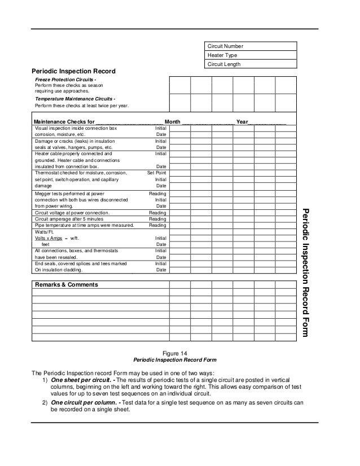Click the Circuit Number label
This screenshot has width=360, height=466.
[x=226, y=46]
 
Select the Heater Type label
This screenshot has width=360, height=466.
[x=223, y=55]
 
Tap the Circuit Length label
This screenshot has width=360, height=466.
[x=225, y=64]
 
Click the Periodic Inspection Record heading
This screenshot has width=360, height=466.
[x=73, y=72]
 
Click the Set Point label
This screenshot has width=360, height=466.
[x=156, y=173]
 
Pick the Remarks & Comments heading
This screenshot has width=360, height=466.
[x=65, y=285]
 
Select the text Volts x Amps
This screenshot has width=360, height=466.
[x=47, y=239]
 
